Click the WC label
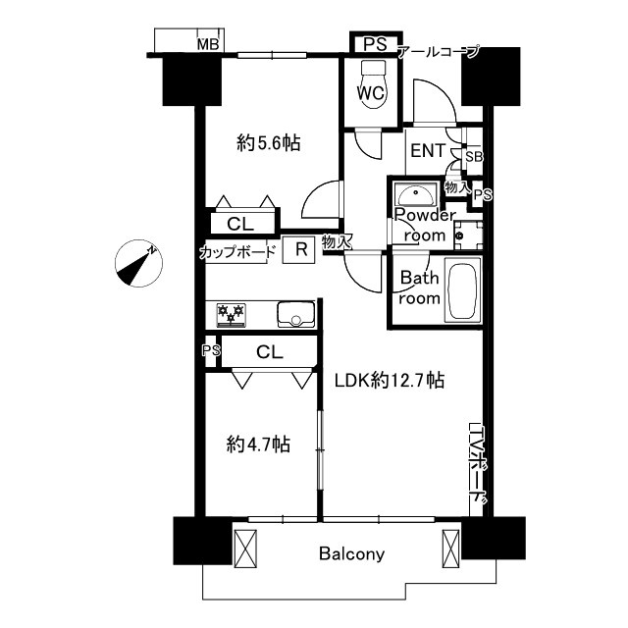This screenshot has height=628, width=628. (x=371, y=93)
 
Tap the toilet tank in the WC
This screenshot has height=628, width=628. (x=373, y=67)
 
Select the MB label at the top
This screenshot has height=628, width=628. (x=208, y=44)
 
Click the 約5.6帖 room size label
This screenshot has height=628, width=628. (x=268, y=143)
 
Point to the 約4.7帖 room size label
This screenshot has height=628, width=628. (x=258, y=445)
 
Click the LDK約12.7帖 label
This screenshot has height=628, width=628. (x=390, y=380)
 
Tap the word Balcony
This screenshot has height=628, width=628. (x=352, y=554)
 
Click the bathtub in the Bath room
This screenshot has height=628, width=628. (x=462, y=289)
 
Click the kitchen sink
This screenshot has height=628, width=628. (x=296, y=314)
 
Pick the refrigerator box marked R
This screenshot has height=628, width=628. (x=298, y=250)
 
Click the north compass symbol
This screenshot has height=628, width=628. (x=138, y=263)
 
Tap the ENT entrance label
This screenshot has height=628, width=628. (x=428, y=150)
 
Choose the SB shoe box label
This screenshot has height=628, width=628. (x=474, y=157)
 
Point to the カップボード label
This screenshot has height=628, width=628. (x=238, y=252)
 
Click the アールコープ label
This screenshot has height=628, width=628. (x=439, y=52)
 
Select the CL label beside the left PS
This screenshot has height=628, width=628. (x=270, y=352)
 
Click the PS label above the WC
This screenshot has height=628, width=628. (x=375, y=44)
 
